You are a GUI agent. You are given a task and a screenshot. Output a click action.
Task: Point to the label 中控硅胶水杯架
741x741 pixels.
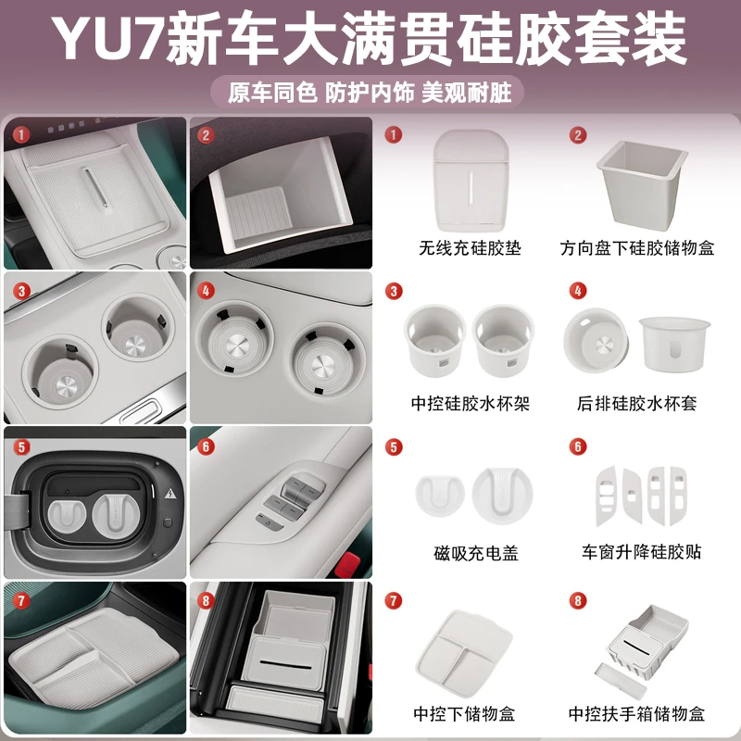click(x=470, y=403)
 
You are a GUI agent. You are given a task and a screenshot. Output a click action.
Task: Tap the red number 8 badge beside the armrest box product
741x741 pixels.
click(x=577, y=601)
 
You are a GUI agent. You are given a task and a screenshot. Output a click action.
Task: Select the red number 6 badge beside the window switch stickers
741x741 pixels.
click(x=577, y=446)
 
